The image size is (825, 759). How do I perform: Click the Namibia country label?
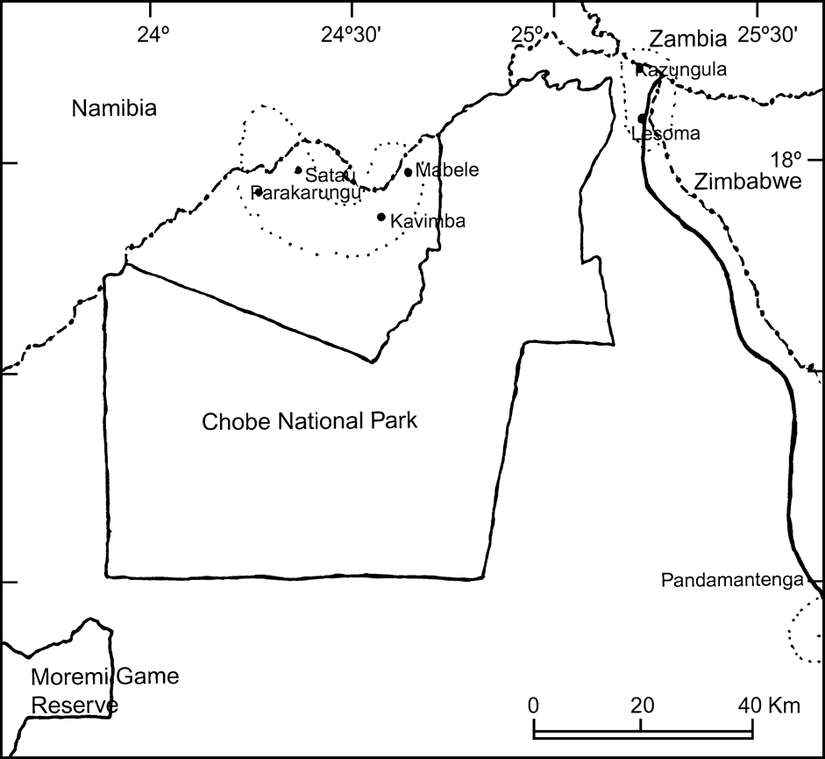point(114,109)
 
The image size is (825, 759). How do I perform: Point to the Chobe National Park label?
point(310,421)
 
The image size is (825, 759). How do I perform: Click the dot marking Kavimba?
point(381,217)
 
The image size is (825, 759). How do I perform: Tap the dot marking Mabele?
point(408,172)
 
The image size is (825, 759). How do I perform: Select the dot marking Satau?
point(298,170)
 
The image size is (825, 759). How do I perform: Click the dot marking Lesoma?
point(642,118)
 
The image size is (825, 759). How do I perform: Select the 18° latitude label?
point(786,159)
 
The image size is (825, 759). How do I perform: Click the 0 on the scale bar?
point(533,705)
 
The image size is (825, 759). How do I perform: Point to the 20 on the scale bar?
point(643,705)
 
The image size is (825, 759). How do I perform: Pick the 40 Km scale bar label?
point(761,705)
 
